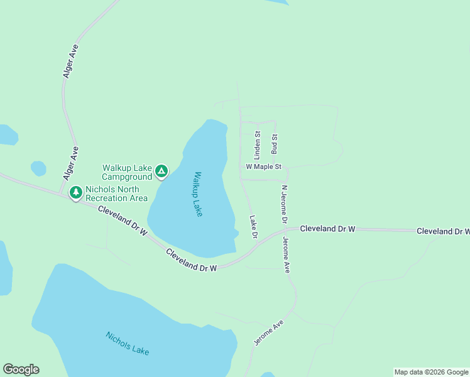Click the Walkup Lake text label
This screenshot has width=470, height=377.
[198, 194]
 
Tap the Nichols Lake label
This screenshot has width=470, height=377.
[127, 343]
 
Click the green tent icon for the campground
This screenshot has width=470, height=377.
[161, 170]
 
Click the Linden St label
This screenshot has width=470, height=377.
[257, 145]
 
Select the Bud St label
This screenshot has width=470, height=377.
[274, 144]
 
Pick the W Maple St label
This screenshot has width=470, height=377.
[265, 167]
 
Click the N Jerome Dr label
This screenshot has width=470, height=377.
[284, 205]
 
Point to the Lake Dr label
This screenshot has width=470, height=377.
[254, 227]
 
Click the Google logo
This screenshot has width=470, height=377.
[21, 369]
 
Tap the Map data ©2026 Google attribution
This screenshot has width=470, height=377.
[431, 372]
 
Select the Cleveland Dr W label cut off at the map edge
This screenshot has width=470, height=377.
[443, 231]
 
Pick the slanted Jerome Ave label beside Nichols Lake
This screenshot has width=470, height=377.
[269, 332]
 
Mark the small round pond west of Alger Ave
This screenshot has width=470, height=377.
[38, 168]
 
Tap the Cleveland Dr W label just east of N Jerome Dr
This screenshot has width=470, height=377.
[327, 229]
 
